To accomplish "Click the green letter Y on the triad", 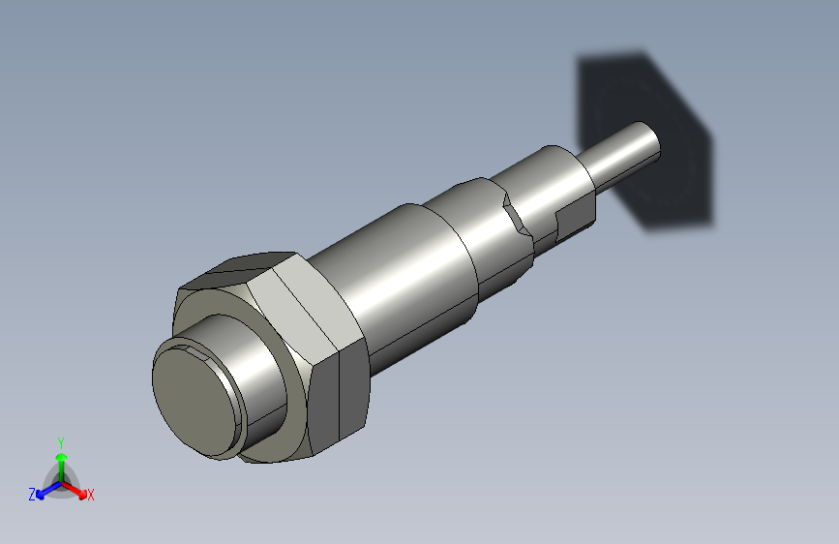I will click(61, 440).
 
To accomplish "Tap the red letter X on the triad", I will click(91, 495).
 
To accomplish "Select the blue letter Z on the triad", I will click(32, 495).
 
